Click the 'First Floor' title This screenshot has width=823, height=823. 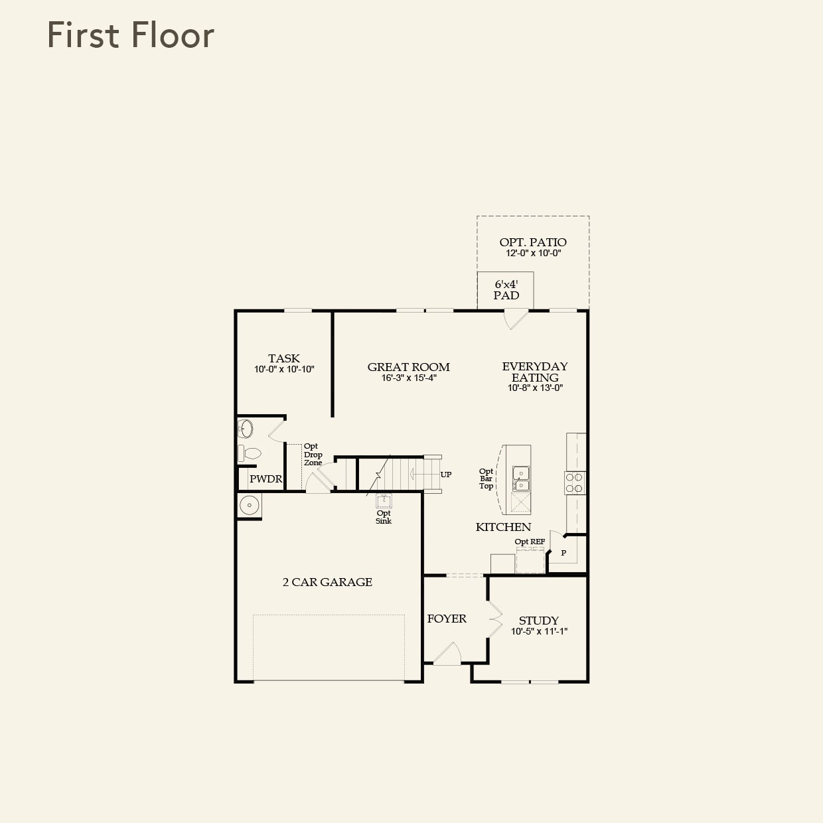[x=131, y=35]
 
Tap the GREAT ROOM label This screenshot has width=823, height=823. [x=408, y=367]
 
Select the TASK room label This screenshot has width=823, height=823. [x=284, y=358]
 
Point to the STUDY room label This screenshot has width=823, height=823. [x=538, y=621]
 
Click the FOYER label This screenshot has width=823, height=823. [x=447, y=619]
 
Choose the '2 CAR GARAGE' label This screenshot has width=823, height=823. [x=327, y=582]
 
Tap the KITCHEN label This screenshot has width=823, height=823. [x=503, y=527]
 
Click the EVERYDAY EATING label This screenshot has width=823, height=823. [x=535, y=372]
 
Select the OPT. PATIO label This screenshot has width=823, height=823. [x=533, y=242]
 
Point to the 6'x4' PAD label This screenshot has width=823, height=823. [x=506, y=290]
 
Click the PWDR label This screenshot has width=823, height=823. [x=265, y=479]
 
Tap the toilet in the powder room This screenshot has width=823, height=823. [x=250, y=453]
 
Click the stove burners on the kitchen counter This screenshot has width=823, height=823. [x=575, y=483]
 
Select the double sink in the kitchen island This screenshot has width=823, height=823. [x=521, y=479]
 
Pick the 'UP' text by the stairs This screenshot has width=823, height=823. [x=446, y=475]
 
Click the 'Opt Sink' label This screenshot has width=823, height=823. [x=384, y=517]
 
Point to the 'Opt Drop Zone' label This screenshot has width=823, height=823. [x=313, y=455]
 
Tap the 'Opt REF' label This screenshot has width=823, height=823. [x=530, y=542]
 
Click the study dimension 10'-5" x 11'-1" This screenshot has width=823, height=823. [x=539, y=632]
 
